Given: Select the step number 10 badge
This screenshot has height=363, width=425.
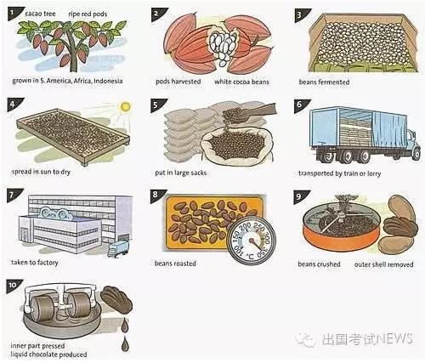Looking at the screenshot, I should pyautogui.click(x=12, y=285).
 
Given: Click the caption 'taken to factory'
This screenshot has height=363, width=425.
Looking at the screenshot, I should pyautogui.click(x=34, y=264).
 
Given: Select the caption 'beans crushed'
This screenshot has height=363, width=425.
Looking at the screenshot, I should pyautogui.click(x=319, y=264).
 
